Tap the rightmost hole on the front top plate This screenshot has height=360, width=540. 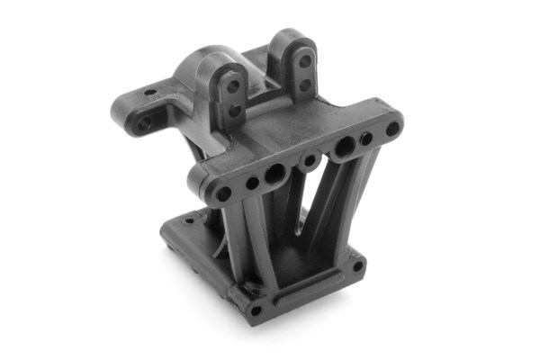click(392, 129)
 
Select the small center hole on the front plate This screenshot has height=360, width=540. click(310, 161)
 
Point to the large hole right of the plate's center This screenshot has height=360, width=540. click(344, 146)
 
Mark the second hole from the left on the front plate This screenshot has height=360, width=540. click(252, 183)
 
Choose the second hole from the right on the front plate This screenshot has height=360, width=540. click(366, 139)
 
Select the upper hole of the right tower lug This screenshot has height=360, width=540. click(304, 61)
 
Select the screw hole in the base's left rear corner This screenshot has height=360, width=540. click(167, 233)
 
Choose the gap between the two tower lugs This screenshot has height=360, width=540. click(265, 85)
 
